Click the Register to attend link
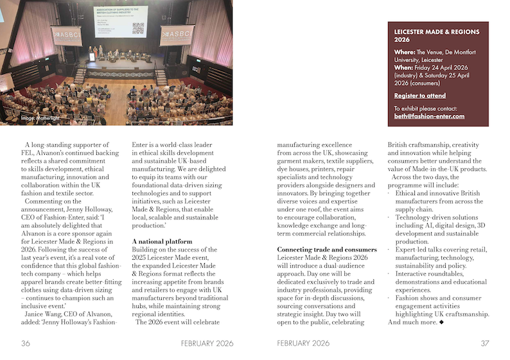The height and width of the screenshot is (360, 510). pyautogui.click(x=419, y=96)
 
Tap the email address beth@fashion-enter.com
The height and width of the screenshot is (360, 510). pyautogui.click(x=429, y=116)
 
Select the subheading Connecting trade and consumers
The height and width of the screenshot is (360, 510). pyautogui.click(x=327, y=249)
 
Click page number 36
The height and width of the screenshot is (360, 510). pyautogui.click(x=26, y=343)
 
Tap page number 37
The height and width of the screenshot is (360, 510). pyautogui.click(x=485, y=343)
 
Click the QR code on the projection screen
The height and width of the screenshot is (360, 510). pyautogui.click(x=137, y=28)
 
